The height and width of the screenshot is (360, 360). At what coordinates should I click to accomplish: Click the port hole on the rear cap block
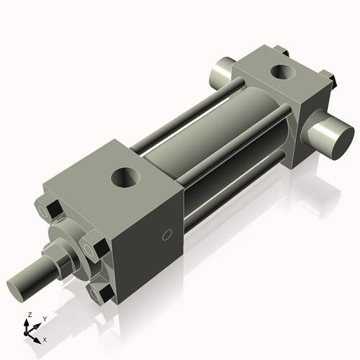click(283, 72)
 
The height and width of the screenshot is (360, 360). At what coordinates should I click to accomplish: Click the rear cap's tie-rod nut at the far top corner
click(282, 50)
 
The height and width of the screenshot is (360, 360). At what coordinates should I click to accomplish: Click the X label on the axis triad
click(45, 338)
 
